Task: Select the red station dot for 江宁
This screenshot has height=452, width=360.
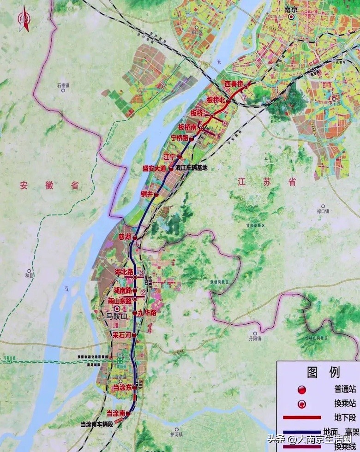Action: pyautogui.click(x=180, y=157)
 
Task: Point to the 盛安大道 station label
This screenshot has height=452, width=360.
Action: pyautogui.click(x=154, y=169)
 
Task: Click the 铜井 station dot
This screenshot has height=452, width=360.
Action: pyautogui.click(x=156, y=195)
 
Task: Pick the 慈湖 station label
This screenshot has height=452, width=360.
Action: pyautogui.click(x=125, y=237)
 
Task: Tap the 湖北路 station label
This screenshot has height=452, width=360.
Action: pyautogui.click(x=123, y=273)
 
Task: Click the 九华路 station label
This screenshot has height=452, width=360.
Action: pyautogui.click(x=147, y=313)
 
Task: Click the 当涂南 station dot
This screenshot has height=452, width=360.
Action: pyautogui.click(x=128, y=414)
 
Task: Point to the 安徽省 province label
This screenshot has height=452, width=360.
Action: pyautogui.click(x=49, y=186)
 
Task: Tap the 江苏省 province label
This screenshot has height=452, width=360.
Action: pyautogui.click(x=266, y=182)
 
